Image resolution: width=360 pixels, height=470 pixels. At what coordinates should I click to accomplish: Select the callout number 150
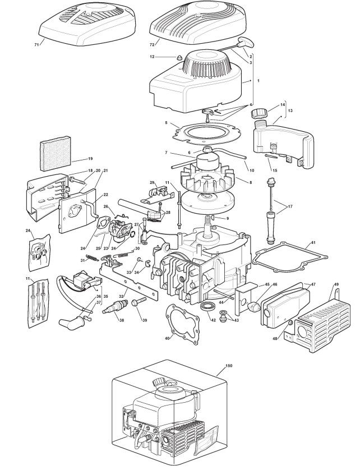[228, 366]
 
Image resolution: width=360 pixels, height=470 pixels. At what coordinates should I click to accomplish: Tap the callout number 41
[313, 242]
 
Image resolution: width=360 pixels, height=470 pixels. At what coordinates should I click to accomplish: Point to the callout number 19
[75, 159]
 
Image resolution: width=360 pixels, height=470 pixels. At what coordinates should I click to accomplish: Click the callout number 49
[336, 284]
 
